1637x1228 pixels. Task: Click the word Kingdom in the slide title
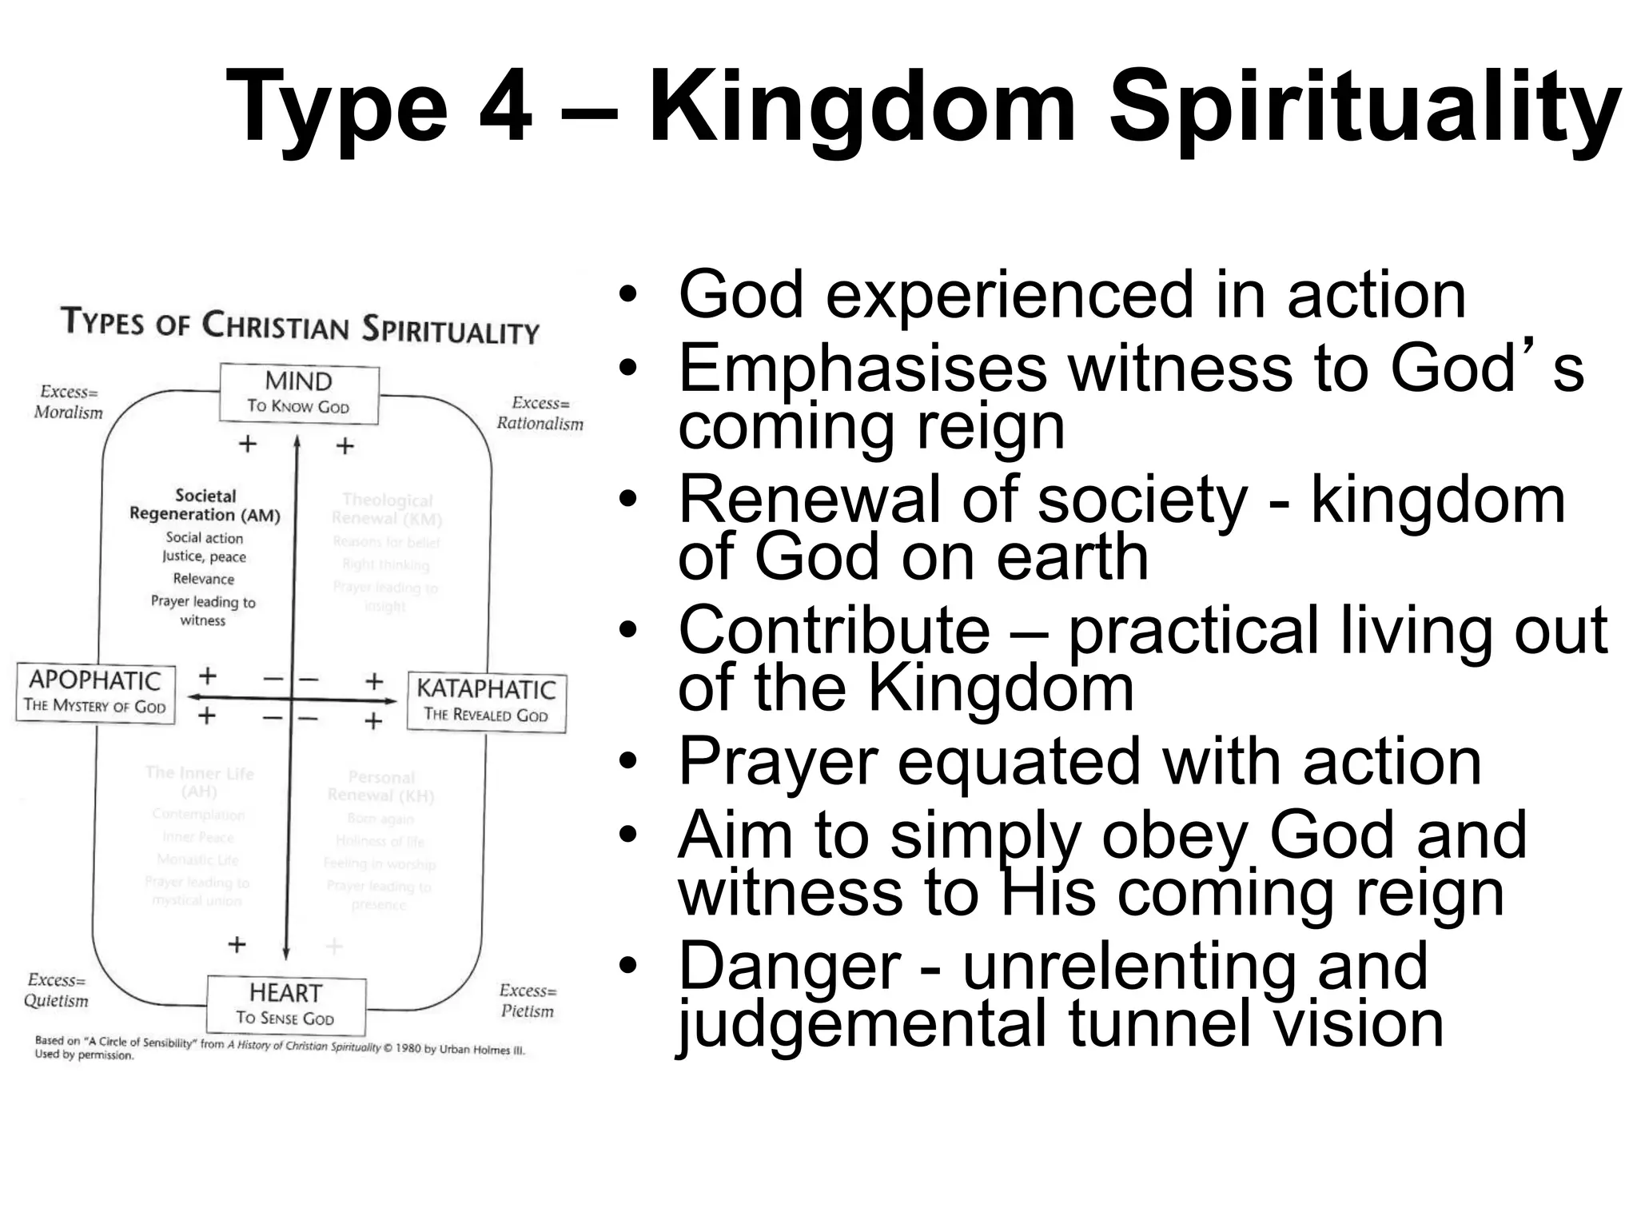coord(863,106)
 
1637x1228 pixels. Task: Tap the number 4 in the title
coord(505,106)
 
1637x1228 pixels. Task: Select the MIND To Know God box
coord(299,393)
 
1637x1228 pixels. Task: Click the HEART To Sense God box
coord(285,1004)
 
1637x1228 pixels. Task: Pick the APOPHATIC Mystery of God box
coord(95,692)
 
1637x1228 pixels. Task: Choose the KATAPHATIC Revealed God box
coord(486,701)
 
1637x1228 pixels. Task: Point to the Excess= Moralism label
coord(69,402)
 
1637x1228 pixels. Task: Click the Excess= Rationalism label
coord(540,413)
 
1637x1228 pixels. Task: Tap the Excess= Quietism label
coord(56,990)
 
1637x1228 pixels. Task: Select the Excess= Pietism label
coord(527,1000)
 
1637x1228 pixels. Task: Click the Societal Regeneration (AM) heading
coord(205,505)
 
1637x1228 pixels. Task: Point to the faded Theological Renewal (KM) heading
coord(388,509)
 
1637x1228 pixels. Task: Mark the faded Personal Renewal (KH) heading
coord(381,786)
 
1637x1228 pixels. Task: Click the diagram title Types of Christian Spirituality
coord(301,326)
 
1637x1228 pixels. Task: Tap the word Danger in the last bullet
coord(790,967)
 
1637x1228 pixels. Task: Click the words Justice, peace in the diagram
coord(204,556)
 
